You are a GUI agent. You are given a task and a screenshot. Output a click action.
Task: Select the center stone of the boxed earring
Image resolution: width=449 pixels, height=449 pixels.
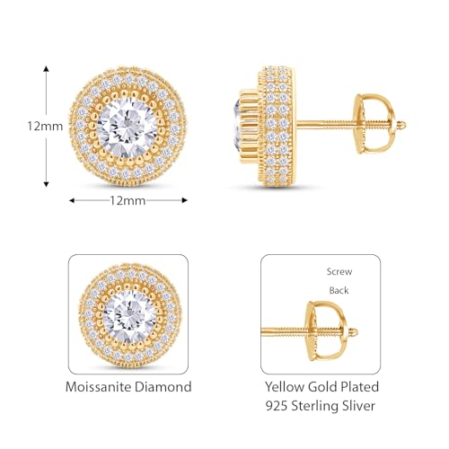pos(128,313)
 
